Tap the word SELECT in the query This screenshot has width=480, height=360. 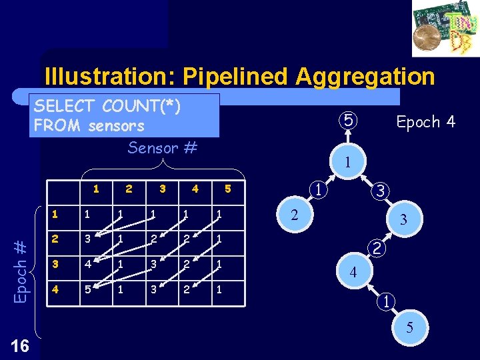(65, 106)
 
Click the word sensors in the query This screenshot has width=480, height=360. (116, 125)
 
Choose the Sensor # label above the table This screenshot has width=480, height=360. (162, 147)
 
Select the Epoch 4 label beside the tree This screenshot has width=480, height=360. (425, 122)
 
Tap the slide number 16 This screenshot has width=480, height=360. (21, 345)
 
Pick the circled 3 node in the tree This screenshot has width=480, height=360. (378, 191)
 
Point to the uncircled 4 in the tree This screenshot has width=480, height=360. (353, 272)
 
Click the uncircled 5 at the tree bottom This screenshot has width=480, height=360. (409, 327)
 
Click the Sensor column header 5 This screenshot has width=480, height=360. (227, 189)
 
